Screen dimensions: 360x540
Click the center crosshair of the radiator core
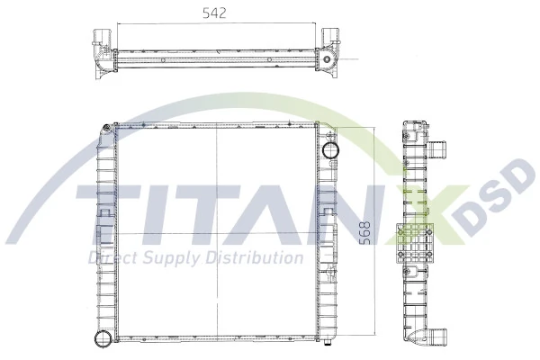click(217, 234)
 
